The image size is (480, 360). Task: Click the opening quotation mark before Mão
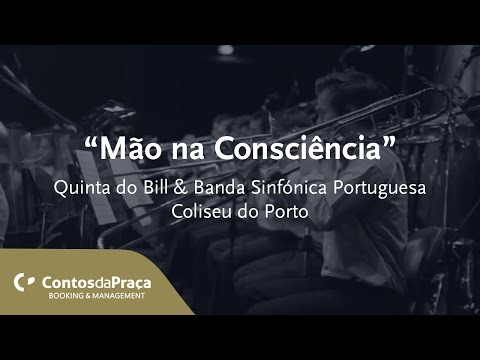[x=92, y=143]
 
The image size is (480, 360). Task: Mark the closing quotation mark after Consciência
[x=392, y=143]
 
